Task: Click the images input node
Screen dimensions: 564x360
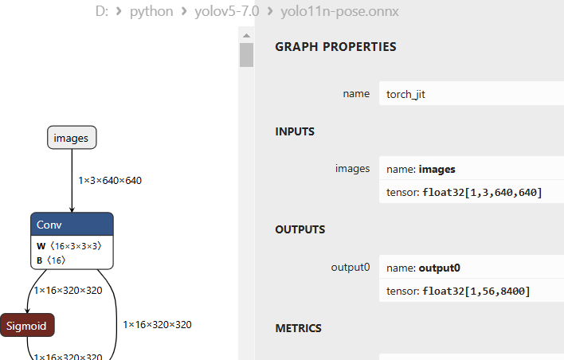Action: coord(72,138)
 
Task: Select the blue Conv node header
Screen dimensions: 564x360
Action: coord(72,225)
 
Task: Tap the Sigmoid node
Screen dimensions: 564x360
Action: coord(27,325)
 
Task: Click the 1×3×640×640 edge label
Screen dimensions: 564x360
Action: coord(110,181)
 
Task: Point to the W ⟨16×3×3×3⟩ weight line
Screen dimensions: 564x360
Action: coord(69,246)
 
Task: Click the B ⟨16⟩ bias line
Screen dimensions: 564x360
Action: coord(51,260)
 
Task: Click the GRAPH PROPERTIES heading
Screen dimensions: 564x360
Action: coord(335,47)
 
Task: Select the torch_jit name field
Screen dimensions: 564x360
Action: coord(470,94)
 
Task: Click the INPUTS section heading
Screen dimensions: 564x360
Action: coord(295,131)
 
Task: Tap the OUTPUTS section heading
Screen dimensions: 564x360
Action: coord(300,229)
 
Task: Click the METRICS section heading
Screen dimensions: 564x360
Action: coord(298,328)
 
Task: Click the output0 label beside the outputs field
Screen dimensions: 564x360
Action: coord(350,267)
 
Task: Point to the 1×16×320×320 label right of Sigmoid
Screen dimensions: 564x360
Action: coord(157,324)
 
